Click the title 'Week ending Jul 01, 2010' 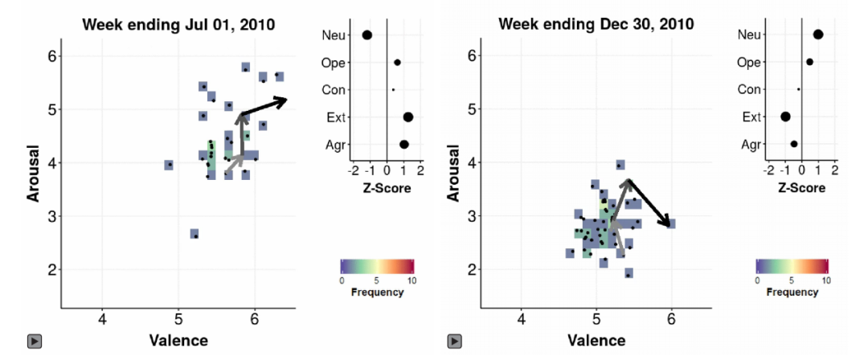[x=178, y=24]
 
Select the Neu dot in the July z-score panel [x=367, y=35]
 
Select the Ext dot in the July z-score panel [x=408, y=117]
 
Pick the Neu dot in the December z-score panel [x=818, y=34]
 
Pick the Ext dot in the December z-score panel [x=785, y=117]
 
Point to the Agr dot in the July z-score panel [x=404, y=145]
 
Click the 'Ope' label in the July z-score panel [x=333, y=62]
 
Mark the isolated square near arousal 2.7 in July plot [x=194, y=234]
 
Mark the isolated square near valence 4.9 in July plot [x=169, y=165]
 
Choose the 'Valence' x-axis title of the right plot [x=596, y=340]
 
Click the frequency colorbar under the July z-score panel [x=376, y=266]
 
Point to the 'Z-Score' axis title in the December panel [x=800, y=188]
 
